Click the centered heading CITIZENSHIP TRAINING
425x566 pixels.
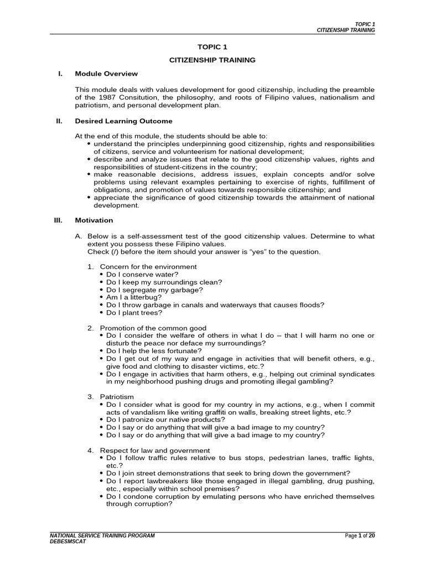point(212,59)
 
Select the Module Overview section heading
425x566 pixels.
point(106,74)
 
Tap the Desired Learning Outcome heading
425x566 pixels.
point(123,121)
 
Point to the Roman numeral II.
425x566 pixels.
point(57,121)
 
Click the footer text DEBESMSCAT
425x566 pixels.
point(68,542)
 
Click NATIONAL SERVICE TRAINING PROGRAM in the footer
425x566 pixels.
point(102,536)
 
